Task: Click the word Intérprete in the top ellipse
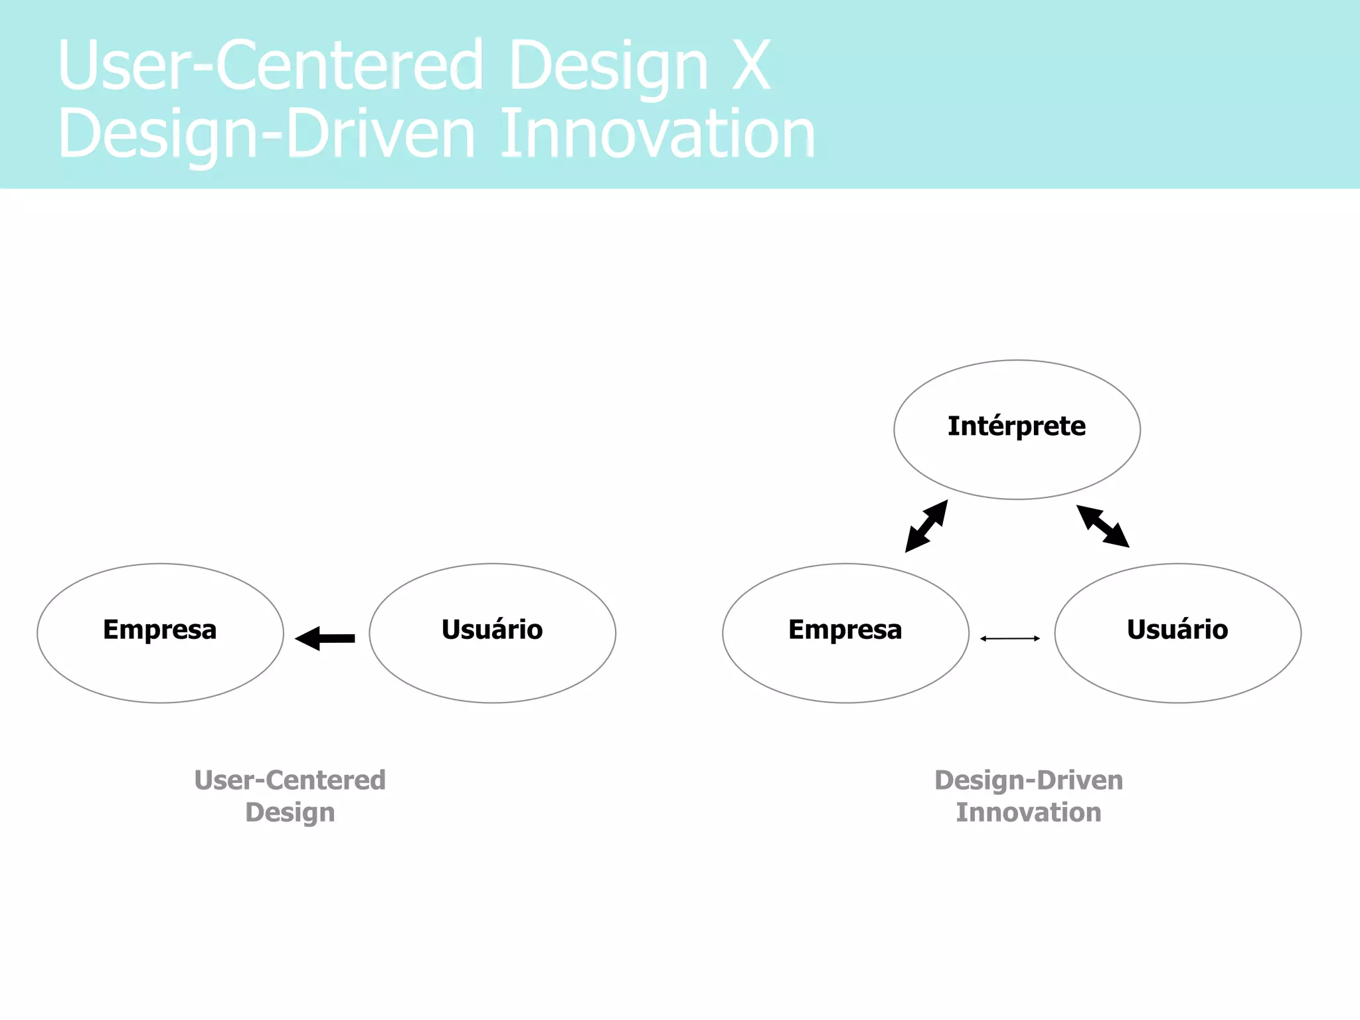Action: click(x=1016, y=426)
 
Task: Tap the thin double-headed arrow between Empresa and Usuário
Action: click(x=1009, y=638)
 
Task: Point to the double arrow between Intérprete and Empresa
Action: click(x=926, y=526)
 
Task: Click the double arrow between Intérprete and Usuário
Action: click(x=1102, y=526)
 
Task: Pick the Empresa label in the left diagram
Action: click(x=159, y=630)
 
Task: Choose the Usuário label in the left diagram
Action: click(x=492, y=630)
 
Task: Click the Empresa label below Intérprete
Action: click(x=845, y=630)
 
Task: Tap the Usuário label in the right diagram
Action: click(x=1177, y=630)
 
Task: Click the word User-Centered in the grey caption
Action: click(x=290, y=780)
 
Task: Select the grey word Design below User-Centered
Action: click(x=290, y=812)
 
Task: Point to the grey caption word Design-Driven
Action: click(x=1028, y=780)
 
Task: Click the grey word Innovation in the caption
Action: click(x=1028, y=812)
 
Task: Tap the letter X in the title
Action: click(x=751, y=65)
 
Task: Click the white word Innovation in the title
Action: click(x=657, y=134)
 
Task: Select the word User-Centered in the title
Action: click(x=270, y=65)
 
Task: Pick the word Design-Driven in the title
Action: click(x=266, y=134)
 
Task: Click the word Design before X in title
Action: click(x=608, y=65)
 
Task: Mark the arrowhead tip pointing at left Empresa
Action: click(x=297, y=638)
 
